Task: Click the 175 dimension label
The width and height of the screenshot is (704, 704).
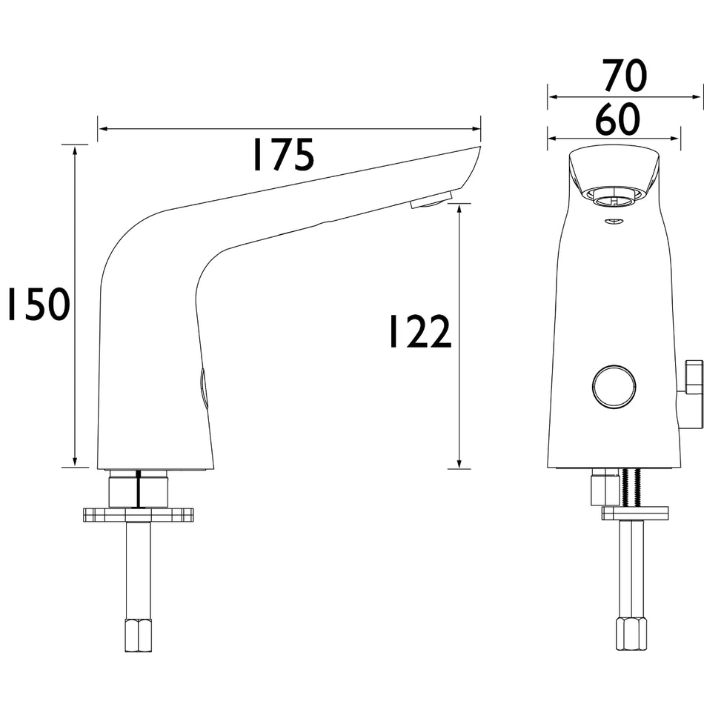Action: (284, 155)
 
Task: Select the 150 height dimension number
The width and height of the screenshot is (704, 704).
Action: (39, 305)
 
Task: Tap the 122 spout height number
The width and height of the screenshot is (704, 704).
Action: (419, 331)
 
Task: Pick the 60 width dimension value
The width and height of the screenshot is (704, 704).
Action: (617, 119)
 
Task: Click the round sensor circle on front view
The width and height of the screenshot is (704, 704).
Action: (614, 387)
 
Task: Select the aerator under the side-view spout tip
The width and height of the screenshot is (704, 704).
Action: (431, 200)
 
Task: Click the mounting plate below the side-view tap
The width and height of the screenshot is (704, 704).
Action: (139, 514)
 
